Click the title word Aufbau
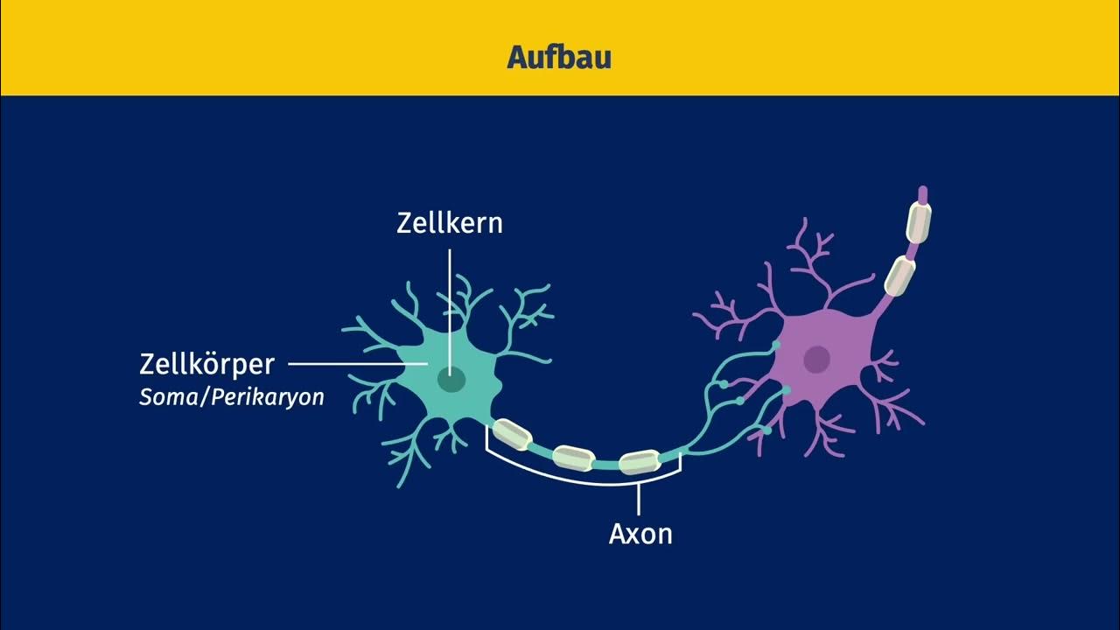point(558,58)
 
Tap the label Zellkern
point(450,222)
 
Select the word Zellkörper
point(207,363)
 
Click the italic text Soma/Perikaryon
point(231,397)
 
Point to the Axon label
point(640,534)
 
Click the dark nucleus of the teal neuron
point(451,380)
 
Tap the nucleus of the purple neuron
point(816,358)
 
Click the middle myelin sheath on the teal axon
point(574,457)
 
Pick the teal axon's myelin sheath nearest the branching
point(640,462)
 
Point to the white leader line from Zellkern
point(451,297)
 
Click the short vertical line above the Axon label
point(639,499)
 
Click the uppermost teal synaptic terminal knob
point(775,346)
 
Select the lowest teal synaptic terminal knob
point(766,430)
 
